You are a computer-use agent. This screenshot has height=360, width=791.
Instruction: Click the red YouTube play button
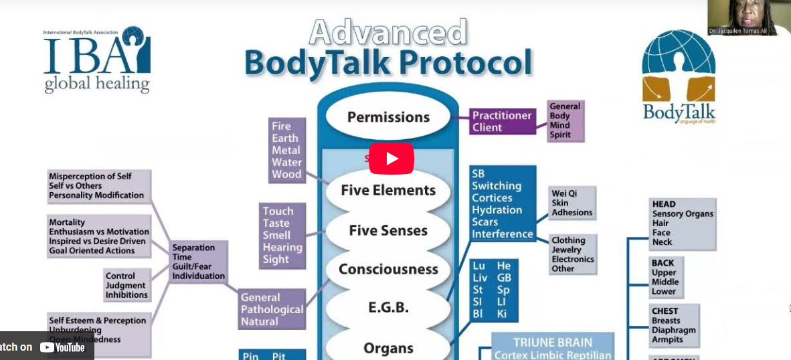(x=391, y=159)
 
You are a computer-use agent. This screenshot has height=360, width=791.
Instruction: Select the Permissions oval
(x=388, y=117)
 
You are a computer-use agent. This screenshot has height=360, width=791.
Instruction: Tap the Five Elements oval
(x=388, y=190)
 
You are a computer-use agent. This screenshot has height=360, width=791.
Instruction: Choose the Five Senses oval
(x=388, y=230)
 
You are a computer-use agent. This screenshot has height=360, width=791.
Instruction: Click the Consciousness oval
(x=388, y=269)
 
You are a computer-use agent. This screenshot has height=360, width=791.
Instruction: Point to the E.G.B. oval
(x=388, y=308)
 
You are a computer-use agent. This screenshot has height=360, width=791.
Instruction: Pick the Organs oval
(x=388, y=347)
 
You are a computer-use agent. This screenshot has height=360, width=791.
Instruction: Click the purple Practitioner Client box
(x=502, y=122)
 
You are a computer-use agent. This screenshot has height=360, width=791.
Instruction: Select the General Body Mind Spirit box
(x=565, y=120)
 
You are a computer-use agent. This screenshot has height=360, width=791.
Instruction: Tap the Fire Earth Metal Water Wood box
(x=286, y=150)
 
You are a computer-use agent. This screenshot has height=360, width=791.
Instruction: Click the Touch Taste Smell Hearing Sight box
(x=282, y=235)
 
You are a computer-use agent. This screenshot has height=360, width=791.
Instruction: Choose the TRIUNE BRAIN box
(x=552, y=349)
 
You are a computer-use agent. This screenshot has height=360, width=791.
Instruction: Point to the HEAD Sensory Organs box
(x=682, y=223)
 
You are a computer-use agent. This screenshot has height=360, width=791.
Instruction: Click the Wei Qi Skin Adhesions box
(x=572, y=203)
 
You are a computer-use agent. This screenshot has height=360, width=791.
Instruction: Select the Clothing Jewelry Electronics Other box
(x=573, y=254)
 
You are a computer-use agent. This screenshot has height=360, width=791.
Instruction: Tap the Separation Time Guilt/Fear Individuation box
(x=198, y=262)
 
